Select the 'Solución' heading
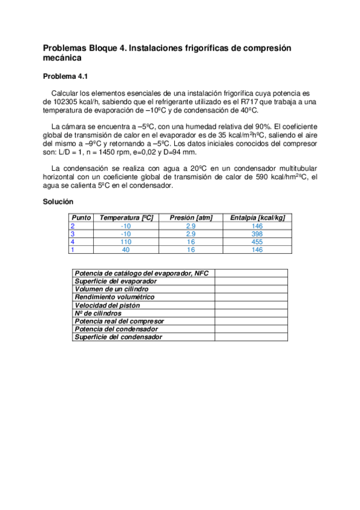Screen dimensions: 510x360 click(58, 202)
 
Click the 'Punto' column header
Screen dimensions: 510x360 click(81, 218)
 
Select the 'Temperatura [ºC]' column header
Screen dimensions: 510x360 click(126, 218)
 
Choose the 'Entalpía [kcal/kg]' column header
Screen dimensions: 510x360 click(257, 218)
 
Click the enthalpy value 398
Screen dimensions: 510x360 click(257, 233)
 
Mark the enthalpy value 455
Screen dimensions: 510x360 click(257, 241)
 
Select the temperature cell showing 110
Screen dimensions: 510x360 click(126, 241)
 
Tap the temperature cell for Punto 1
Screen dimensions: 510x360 click(126, 249)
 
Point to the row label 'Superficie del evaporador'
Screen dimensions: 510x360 click(115, 281)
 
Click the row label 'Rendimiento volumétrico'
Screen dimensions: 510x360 click(114, 297)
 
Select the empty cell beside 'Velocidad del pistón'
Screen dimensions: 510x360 click(251, 305)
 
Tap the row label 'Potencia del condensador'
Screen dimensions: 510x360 click(116, 329)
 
